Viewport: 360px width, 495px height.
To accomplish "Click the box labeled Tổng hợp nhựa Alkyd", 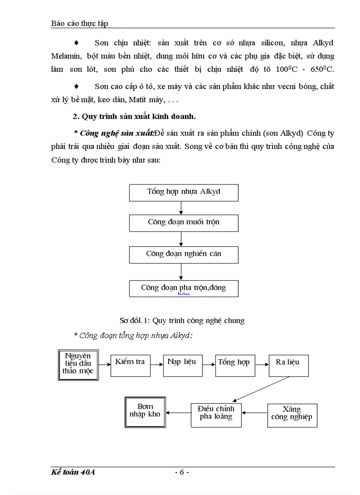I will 184,193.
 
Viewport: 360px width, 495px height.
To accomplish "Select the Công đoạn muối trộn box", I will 184,223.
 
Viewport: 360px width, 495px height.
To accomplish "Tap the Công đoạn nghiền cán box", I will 184,255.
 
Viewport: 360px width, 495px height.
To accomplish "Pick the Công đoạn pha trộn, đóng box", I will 184,288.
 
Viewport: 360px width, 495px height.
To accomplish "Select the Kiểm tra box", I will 130,365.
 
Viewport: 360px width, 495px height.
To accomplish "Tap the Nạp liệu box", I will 182,365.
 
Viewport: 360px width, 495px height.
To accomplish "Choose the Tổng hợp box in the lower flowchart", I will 235,365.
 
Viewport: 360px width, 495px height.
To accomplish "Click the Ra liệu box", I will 288,365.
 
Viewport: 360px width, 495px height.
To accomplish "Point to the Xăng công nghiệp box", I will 292,415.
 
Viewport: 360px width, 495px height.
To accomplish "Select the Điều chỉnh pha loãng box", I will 216,415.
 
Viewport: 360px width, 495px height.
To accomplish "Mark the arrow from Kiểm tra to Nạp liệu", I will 156,365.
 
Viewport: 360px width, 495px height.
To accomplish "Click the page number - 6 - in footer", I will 182,472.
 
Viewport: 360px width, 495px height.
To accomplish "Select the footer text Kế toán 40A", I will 73,472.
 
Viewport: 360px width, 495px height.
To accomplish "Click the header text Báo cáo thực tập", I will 79,23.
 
